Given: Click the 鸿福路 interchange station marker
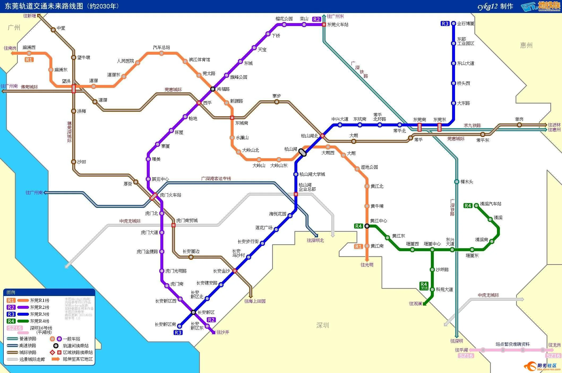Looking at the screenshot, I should point(213,89).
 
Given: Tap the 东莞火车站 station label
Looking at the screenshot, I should point(338,25).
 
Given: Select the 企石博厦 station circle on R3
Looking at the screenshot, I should point(454,23).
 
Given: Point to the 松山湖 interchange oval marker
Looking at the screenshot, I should point(302,152).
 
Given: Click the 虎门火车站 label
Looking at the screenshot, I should point(170,195).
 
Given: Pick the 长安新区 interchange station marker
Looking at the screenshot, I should point(193,312).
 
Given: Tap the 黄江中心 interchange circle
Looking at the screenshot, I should point(367,226).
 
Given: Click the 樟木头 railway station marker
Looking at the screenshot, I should point(457,182).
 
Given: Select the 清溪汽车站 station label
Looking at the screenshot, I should point(491,204).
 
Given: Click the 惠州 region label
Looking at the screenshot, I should point(526,45).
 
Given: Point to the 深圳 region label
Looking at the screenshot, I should point(323,325).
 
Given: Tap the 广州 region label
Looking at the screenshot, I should point(14,27).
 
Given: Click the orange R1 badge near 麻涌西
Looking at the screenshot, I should point(29,60).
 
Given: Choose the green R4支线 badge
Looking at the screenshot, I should point(424,286).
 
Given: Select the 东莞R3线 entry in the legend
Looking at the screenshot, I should point(40,314).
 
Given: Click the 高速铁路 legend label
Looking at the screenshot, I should point(28,346).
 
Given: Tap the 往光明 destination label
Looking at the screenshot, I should point(367,265).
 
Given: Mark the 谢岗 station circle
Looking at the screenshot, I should point(519,125).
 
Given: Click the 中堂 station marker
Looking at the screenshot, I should point(53,30).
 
